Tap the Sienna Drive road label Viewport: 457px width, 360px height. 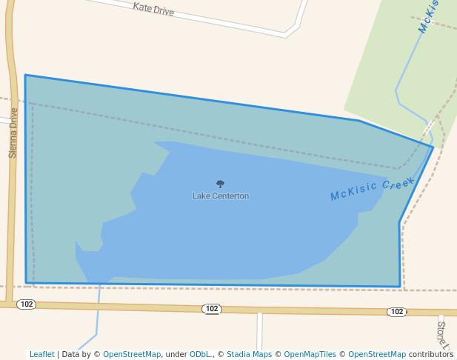click(13, 133)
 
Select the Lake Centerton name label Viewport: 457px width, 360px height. click(221, 196)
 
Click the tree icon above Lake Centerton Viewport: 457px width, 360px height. click(220, 184)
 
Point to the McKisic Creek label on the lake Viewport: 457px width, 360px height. click(373, 189)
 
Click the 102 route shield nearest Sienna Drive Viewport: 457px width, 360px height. click(27, 304)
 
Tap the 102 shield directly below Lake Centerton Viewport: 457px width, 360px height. click(212, 309)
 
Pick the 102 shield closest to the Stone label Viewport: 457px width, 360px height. click(396, 312)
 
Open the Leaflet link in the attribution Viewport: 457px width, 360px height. click(41, 354)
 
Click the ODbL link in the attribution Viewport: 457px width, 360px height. click(200, 354)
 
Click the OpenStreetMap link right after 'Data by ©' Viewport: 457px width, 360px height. click(132, 354)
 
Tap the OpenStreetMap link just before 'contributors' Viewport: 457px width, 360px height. click(376, 354)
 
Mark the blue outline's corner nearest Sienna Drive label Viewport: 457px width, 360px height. click(25, 76)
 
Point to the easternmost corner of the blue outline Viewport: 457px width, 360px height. click(433, 147)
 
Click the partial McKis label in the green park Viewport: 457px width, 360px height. click(429, 16)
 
